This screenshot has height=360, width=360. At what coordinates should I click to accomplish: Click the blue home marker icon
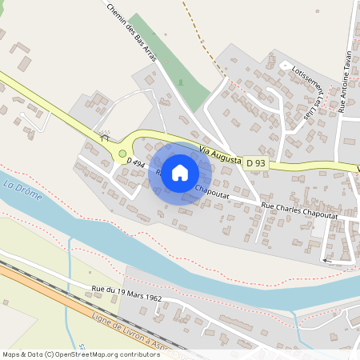click(180, 173)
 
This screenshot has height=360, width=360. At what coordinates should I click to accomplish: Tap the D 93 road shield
click(255, 163)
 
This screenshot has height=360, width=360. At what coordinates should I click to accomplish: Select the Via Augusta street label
click(220, 155)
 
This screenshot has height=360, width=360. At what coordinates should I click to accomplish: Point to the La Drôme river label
click(20, 190)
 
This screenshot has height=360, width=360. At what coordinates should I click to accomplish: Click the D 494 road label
click(134, 163)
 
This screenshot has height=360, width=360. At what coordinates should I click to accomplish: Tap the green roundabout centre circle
click(122, 154)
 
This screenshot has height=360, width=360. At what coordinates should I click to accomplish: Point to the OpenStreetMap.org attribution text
click(80, 354)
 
